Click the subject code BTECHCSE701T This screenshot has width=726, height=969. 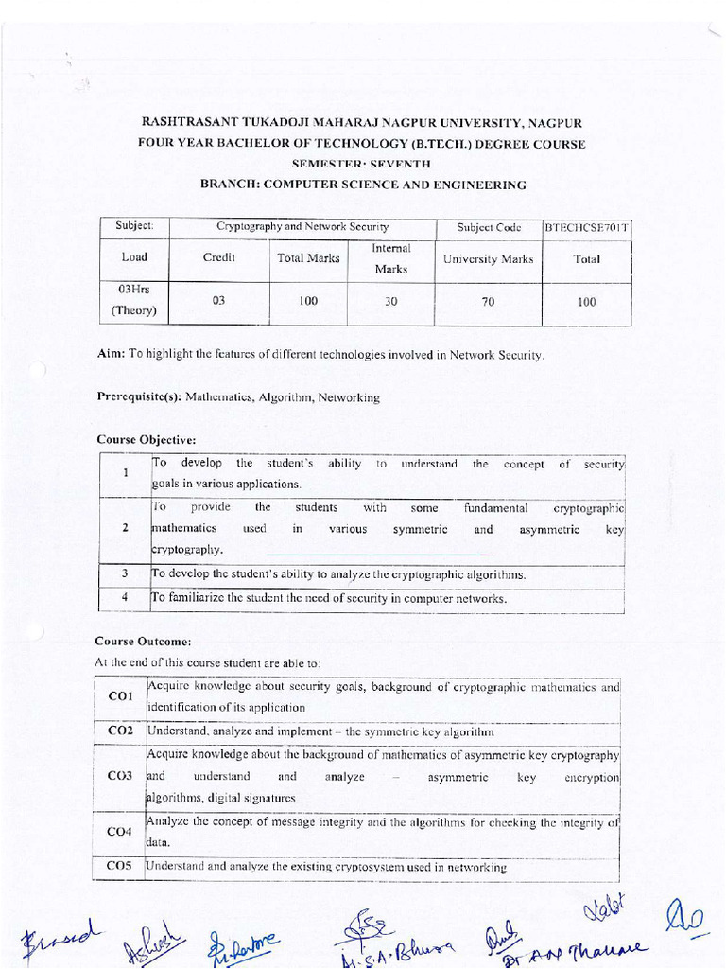(x=587, y=228)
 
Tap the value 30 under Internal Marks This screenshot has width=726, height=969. (x=390, y=302)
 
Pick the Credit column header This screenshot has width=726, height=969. (x=218, y=258)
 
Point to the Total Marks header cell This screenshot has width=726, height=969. (x=308, y=258)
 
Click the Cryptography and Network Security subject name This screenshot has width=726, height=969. (x=302, y=228)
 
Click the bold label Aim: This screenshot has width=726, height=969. (x=112, y=354)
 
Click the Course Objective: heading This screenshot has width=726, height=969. (x=147, y=440)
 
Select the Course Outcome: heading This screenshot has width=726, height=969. (x=144, y=641)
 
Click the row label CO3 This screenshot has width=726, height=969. (x=120, y=776)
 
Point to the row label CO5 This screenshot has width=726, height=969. (x=120, y=867)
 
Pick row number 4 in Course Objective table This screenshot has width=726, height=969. (x=125, y=598)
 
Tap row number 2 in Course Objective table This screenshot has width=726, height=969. (x=125, y=528)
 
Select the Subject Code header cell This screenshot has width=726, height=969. (x=489, y=228)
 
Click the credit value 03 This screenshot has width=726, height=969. (x=218, y=302)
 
